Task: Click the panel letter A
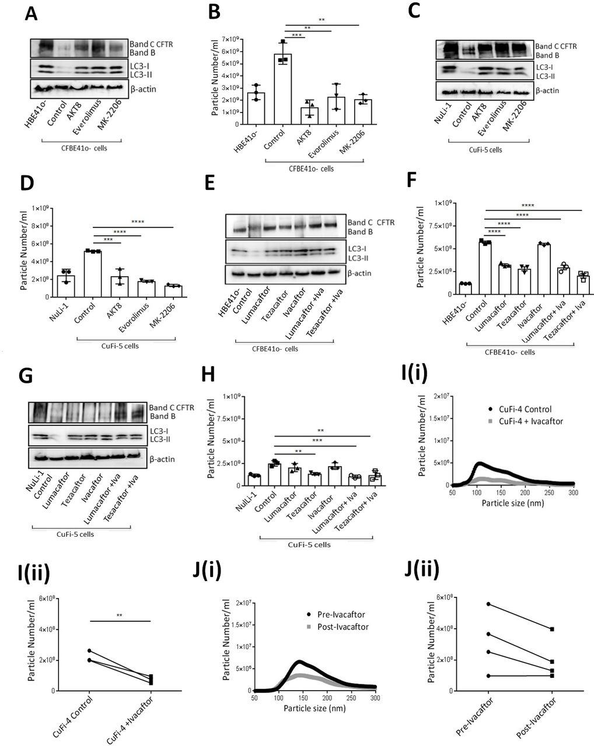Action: tap(32, 14)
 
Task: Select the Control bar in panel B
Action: tap(283, 89)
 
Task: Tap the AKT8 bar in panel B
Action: tap(309, 116)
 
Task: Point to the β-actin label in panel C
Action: tap(547, 91)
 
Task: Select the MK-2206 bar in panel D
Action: tap(173, 291)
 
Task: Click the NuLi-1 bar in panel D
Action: tap(66, 286)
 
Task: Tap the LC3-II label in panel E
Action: tap(358, 258)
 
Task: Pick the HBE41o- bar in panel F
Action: tap(465, 289)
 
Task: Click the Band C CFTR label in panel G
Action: tap(172, 407)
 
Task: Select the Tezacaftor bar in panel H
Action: tap(315, 480)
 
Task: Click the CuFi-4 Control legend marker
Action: tap(491, 409)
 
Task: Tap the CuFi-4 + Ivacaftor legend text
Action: tap(531, 421)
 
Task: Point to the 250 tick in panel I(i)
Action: tap(549, 493)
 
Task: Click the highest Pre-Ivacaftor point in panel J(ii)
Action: tap(488, 604)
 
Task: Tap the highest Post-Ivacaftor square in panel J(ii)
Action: tap(552, 629)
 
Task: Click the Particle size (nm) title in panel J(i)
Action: tap(315, 708)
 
